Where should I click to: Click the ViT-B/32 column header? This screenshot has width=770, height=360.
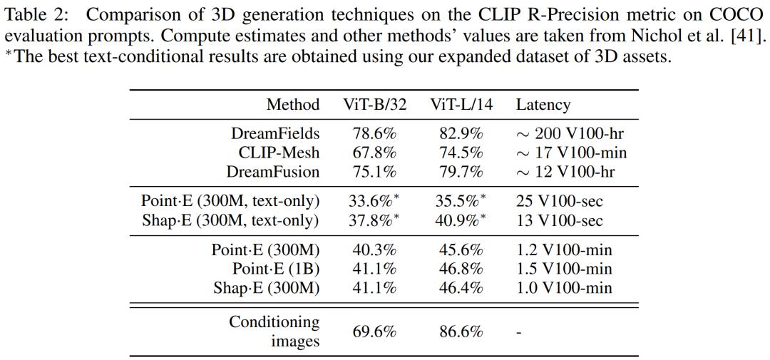tap(375, 105)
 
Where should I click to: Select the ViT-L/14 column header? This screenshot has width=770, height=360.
tap(461, 105)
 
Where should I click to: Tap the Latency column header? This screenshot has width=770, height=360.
tap(543, 105)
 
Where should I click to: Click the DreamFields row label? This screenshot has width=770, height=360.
tap(275, 134)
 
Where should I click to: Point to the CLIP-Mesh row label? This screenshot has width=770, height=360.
tap(279, 153)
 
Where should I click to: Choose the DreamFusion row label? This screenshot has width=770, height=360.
tap(273, 172)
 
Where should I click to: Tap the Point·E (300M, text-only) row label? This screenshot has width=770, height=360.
tap(230, 202)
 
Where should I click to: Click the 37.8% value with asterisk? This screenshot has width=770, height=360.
tap(374, 220)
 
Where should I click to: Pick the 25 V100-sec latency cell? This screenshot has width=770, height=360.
tap(559, 202)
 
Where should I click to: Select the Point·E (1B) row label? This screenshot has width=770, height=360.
tap(276, 269)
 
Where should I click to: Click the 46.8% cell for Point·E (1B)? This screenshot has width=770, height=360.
tap(459, 269)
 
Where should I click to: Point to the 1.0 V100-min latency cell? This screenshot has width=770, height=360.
tap(564, 288)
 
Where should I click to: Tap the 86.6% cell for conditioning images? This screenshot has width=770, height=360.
tap(459, 331)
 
